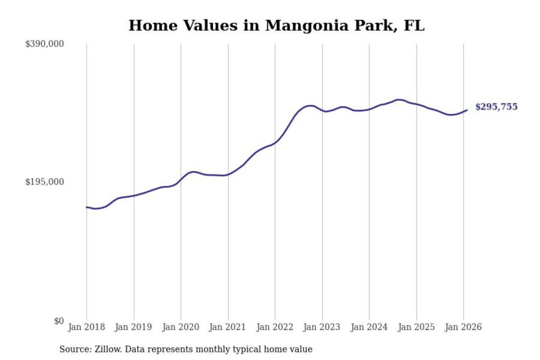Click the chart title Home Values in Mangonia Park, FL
coord(276,25)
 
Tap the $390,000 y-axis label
coord(45,44)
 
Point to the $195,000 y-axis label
coord(45,182)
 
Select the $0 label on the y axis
coord(59,321)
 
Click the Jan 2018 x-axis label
coord(86,327)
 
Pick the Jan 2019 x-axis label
coord(133,327)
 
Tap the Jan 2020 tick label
coord(180,327)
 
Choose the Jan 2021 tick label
coord(227,327)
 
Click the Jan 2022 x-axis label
coord(274,327)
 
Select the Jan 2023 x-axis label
coord(321,327)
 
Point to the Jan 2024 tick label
coord(369,327)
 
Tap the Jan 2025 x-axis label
coord(416,327)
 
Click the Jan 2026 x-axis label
coord(463,327)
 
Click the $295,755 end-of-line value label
coord(496,107)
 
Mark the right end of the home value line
coord(467,110)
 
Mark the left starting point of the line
coord(87,207)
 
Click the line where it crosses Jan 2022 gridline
coord(275,143)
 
